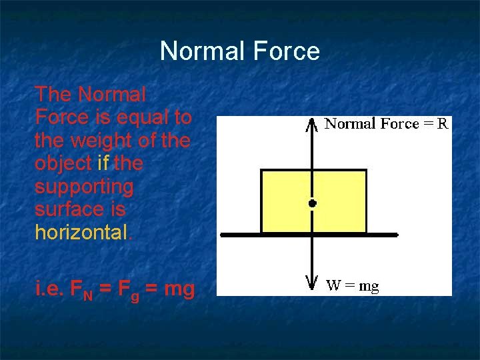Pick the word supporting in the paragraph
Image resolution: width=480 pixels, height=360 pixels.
click(x=84, y=187)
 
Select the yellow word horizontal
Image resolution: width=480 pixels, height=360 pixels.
click(x=80, y=232)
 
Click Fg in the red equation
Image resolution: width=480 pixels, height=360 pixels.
click(x=131, y=290)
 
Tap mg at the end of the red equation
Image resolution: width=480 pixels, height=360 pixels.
click(x=179, y=290)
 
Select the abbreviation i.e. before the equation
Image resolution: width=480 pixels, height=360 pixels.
click(x=49, y=289)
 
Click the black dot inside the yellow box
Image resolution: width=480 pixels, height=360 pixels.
click(x=311, y=203)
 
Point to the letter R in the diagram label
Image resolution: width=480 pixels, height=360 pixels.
click(x=443, y=123)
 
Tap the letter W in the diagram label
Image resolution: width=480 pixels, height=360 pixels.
click(x=333, y=287)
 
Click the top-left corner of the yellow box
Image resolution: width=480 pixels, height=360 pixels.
click(x=261, y=171)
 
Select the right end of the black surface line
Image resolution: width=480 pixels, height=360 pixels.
click(x=397, y=235)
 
